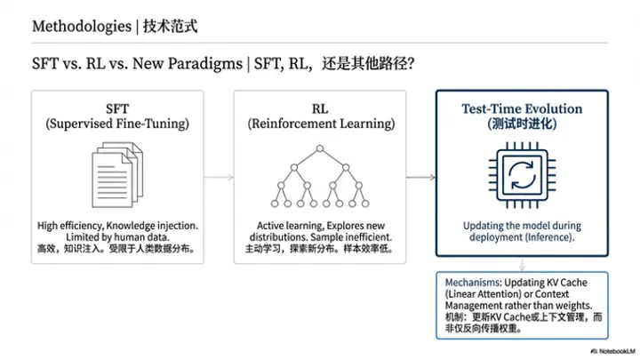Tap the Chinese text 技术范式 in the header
coord(171,26)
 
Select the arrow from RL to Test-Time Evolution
coord(420,178)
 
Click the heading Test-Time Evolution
coord(522,109)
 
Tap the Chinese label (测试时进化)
coord(522,125)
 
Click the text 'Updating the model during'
coord(522,226)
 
